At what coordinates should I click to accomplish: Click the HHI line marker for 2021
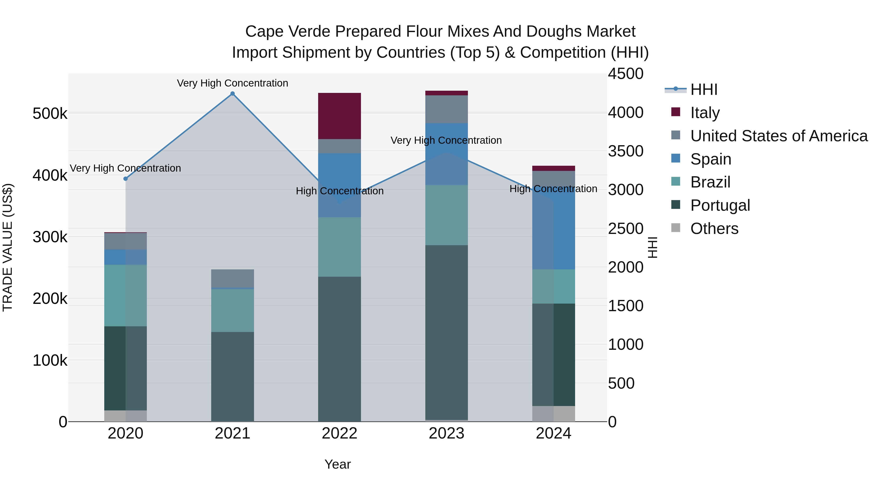pos(232,94)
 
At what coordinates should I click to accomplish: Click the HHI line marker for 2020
pos(126,179)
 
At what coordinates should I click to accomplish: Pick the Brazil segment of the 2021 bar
pos(232,310)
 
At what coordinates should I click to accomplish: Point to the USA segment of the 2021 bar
pos(232,278)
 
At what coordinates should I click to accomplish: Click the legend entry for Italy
pos(705,113)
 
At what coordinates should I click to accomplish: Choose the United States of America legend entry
pos(778,136)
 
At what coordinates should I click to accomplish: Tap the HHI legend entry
pos(704,89)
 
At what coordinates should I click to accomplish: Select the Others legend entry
pos(714,229)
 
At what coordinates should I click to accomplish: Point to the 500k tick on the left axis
pos(50,113)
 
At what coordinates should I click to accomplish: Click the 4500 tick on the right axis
pos(625,74)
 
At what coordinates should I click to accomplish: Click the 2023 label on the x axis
pos(446,433)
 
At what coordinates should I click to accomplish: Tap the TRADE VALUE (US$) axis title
pos(8,247)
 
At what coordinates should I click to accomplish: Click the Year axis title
pos(337,464)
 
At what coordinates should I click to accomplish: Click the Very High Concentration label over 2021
pos(232,83)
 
